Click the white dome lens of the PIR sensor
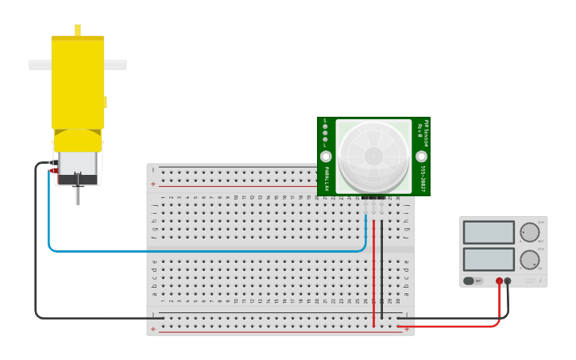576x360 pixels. [373, 155]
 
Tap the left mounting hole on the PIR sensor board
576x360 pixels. [326, 157]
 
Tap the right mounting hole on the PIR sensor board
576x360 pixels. [421, 157]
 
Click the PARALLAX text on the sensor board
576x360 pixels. [326, 179]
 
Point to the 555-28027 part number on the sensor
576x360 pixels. [423, 179]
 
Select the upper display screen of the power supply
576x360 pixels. [489, 232]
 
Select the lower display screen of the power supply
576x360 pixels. [489, 259]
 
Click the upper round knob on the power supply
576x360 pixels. [529, 232]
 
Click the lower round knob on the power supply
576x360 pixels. [529, 260]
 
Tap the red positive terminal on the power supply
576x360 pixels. [499, 281]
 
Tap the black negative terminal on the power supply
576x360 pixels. [508, 281]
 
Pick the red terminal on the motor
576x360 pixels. [53, 170]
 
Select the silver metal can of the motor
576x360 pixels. [77, 164]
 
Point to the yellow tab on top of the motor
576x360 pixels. [78, 29]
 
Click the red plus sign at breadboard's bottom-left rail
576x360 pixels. [153, 329]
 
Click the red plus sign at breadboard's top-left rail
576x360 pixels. [153, 184]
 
